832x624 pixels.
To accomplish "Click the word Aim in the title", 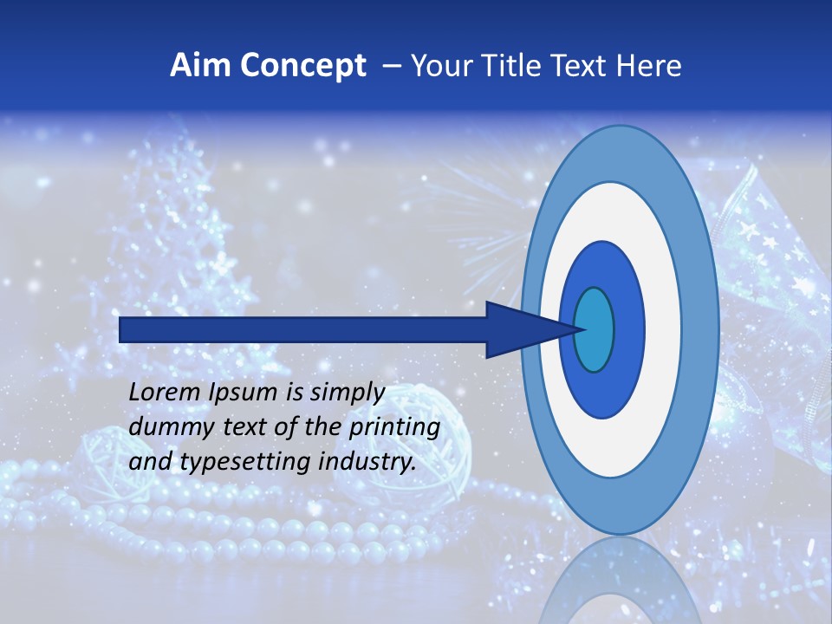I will click(202, 66).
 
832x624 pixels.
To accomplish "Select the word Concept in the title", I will click(303, 66).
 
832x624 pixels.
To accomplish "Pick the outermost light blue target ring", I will click(702, 329).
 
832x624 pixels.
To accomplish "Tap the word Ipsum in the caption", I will click(242, 393).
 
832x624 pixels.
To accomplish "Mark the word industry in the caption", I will click(367, 462).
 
